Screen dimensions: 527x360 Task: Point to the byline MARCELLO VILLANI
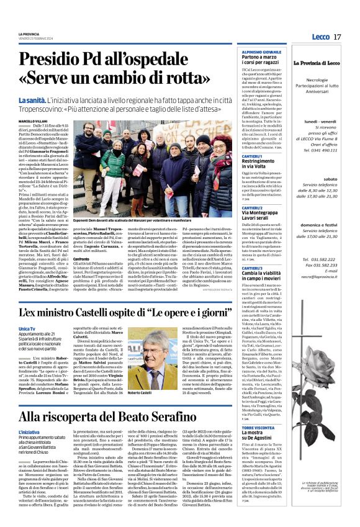[x=32, y=121]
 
